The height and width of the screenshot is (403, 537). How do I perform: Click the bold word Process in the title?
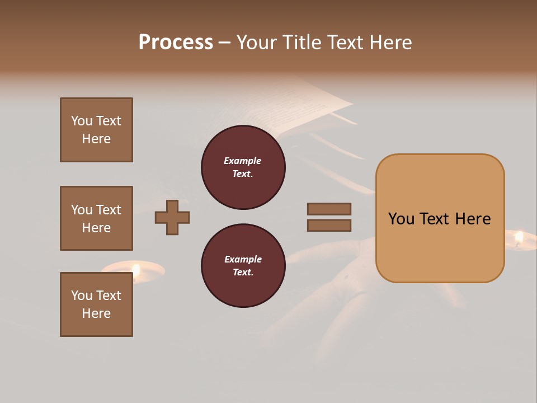tap(176, 43)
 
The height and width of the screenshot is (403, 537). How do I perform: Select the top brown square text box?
tap(96, 130)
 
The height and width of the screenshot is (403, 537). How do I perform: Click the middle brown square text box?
tap(96, 218)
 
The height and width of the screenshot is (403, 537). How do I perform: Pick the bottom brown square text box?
tap(96, 304)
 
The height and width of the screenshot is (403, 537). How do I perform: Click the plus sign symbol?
tap(172, 217)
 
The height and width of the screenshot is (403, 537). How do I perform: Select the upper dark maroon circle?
tap(243, 167)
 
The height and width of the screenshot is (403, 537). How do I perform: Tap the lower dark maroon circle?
tap(243, 266)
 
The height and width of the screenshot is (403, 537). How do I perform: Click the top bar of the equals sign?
tap(329, 209)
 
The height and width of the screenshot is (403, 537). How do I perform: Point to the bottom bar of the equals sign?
tap(329, 226)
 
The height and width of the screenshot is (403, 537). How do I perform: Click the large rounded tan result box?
tap(440, 218)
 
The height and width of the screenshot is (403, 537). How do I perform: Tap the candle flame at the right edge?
tap(519, 238)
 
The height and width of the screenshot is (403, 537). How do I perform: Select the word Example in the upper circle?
tap(243, 161)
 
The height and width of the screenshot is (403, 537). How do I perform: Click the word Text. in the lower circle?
tap(243, 273)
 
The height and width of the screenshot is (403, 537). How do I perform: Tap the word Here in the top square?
tap(96, 139)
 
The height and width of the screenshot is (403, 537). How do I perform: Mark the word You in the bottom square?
tap(82, 296)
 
